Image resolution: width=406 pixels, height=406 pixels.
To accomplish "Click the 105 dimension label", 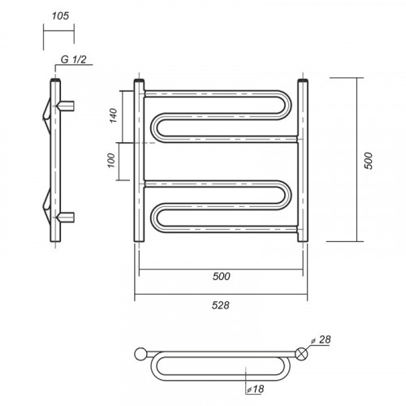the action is coord(60,16).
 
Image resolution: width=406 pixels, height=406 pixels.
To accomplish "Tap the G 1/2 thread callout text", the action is coord(73,59).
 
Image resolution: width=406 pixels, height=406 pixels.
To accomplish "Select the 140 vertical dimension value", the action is coord(114,115).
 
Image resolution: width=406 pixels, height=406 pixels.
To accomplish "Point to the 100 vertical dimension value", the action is coord(111,161).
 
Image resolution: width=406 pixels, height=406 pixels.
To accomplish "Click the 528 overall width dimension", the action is coord(221,305).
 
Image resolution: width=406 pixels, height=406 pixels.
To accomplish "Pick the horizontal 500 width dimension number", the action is coord(222,276).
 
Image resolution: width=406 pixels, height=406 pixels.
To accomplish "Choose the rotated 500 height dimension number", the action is coord(369,161).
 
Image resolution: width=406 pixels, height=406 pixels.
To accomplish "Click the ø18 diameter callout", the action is coord(255,389).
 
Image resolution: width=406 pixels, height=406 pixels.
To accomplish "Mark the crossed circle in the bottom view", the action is coord(302,354).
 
